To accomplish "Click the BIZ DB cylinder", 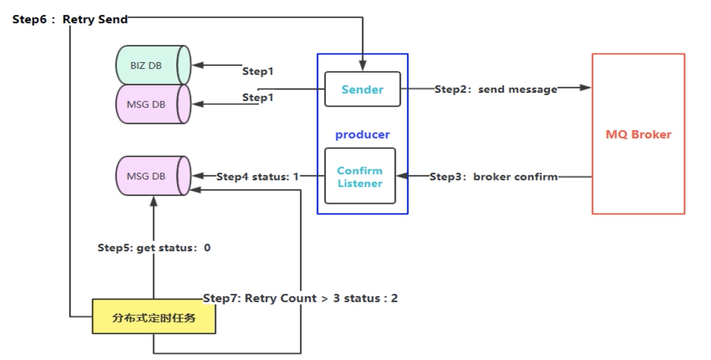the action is [x=153, y=65].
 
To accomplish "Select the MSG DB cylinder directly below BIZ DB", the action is [x=153, y=104].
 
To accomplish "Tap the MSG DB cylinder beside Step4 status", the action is [x=153, y=176].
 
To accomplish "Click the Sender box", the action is [x=362, y=89].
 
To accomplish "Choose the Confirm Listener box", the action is [x=360, y=176].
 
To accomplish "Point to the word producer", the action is [x=362, y=135].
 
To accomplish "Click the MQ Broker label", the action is [x=638, y=134].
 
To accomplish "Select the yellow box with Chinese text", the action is [x=154, y=316].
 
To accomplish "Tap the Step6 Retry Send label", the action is [x=70, y=19].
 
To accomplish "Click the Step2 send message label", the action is [x=496, y=89].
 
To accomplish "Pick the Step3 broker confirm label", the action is [x=493, y=176].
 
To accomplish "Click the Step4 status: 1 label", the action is [x=258, y=176].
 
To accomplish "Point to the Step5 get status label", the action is [x=154, y=248].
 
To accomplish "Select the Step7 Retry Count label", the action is [x=300, y=298].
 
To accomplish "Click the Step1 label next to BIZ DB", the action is [x=258, y=71].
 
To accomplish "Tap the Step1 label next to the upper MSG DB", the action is [x=258, y=97].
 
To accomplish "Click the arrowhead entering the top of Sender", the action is [x=363, y=66].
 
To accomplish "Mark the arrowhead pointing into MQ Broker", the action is [x=585, y=87].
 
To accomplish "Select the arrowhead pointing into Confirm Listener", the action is [x=402, y=176].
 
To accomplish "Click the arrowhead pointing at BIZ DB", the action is [x=198, y=65].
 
